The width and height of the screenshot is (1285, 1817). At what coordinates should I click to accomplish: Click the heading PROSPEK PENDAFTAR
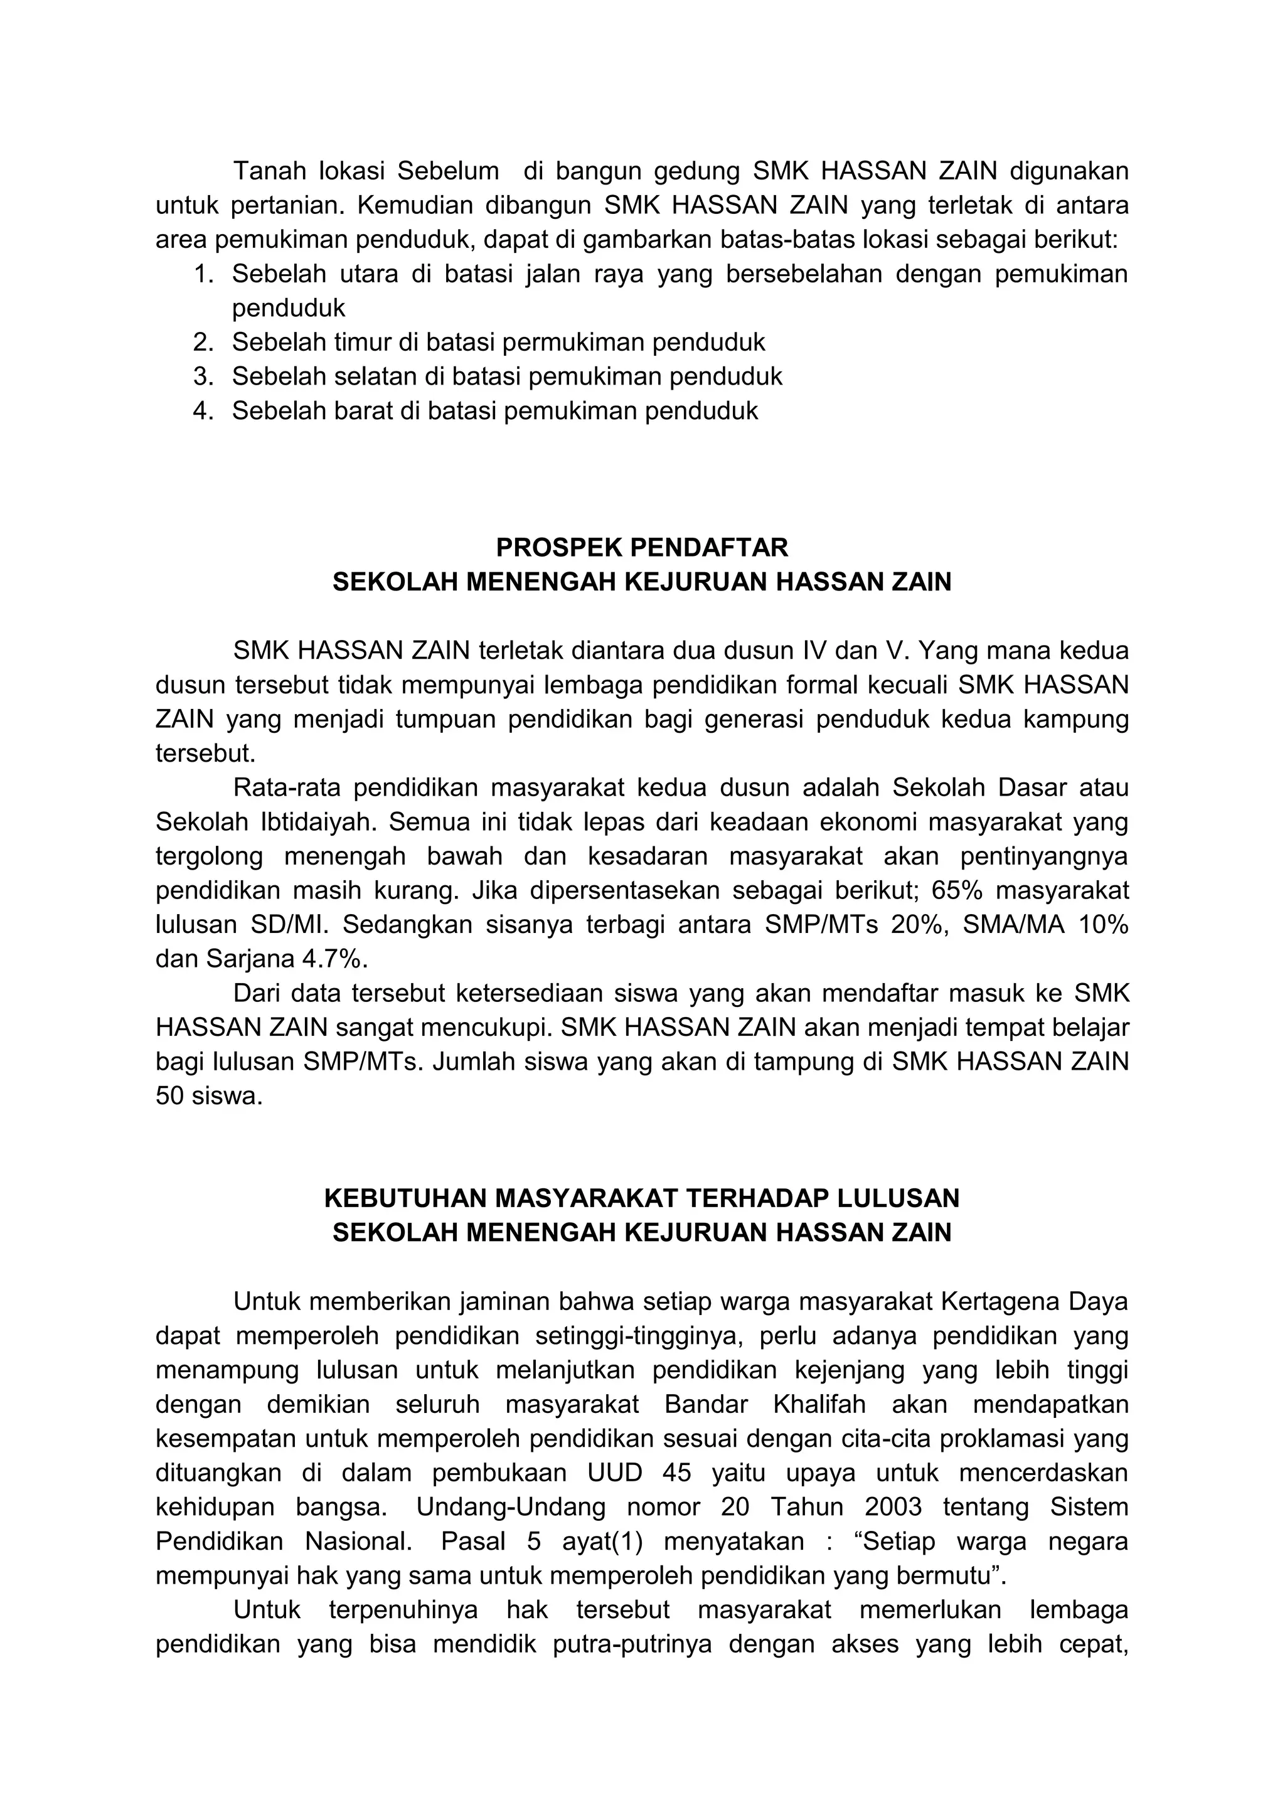click(x=642, y=548)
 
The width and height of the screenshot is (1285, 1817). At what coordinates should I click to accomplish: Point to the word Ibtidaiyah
click(x=312, y=823)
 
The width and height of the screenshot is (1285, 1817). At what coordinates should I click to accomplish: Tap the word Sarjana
click(x=250, y=959)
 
